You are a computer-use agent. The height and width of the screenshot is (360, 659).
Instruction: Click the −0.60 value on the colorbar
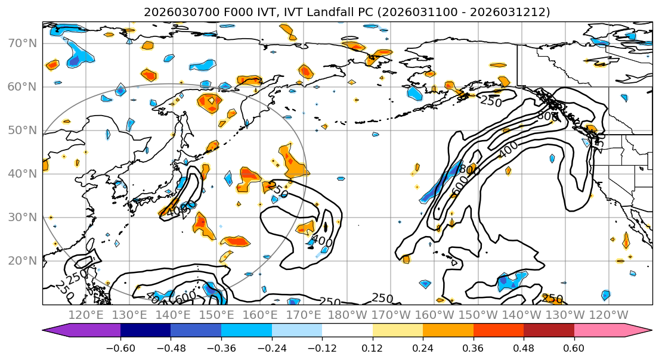[120, 349]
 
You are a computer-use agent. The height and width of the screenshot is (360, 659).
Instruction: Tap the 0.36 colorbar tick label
[473, 349]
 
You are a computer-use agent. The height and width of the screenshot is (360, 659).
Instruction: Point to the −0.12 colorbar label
[322, 349]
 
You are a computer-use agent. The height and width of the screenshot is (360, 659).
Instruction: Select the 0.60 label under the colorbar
[574, 349]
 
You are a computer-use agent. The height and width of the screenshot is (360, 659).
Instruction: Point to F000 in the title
[224, 12]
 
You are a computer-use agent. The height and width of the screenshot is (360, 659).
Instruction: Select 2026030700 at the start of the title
[174, 12]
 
